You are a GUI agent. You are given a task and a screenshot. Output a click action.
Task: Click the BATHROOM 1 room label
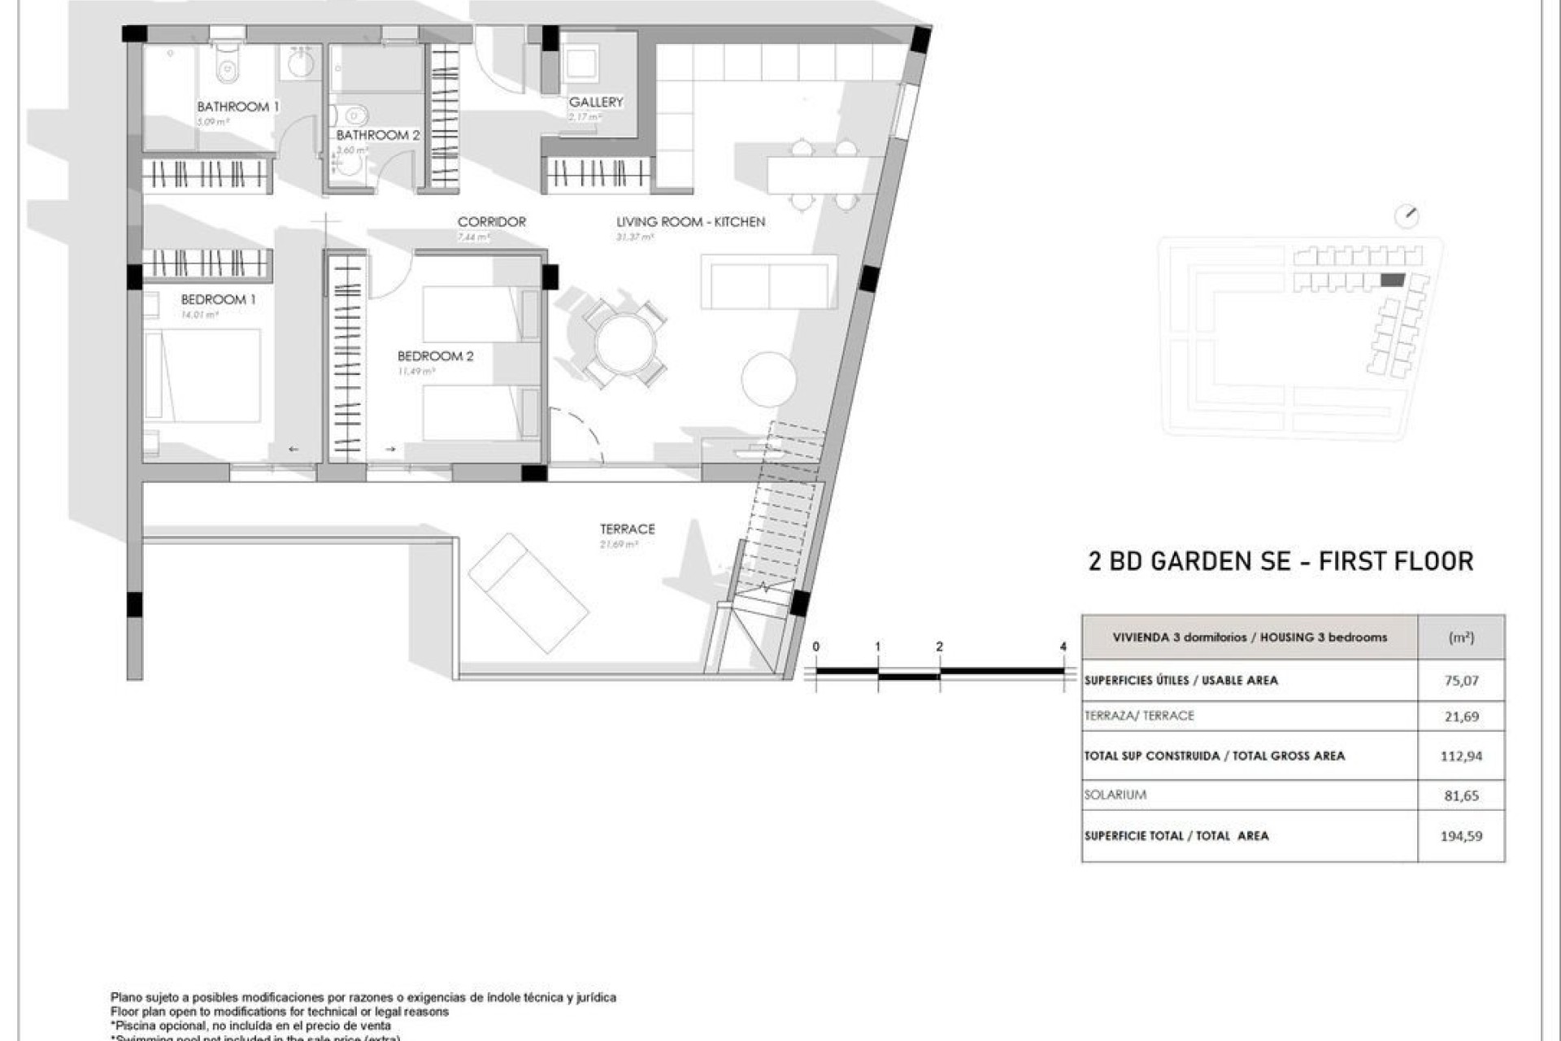click(x=237, y=107)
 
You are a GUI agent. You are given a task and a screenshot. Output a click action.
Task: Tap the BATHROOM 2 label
click(x=378, y=135)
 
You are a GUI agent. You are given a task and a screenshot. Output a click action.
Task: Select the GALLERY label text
click(x=596, y=102)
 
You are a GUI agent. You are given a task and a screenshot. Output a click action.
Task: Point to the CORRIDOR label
click(x=491, y=221)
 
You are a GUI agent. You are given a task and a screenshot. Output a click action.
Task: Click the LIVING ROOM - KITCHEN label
click(x=690, y=221)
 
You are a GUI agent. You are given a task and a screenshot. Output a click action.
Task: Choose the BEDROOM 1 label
click(x=218, y=299)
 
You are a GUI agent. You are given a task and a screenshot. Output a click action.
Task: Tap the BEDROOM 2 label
click(x=435, y=356)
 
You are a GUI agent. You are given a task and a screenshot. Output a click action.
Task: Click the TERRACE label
click(x=627, y=529)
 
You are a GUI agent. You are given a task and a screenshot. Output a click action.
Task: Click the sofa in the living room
click(x=768, y=281)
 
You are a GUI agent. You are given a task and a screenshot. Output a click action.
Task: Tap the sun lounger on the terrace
click(x=528, y=593)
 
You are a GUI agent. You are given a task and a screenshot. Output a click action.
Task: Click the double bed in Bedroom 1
click(x=203, y=375)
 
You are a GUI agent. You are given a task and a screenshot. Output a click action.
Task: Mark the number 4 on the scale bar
click(x=1063, y=647)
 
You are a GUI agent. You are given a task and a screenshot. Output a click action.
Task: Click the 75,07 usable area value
click(x=1461, y=681)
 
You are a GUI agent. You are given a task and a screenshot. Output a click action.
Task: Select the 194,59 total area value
click(x=1461, y=835)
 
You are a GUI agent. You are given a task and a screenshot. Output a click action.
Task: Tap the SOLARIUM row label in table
click(x=1115, y=795)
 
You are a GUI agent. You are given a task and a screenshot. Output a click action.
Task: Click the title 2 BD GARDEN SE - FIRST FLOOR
click(x=1281, y=561)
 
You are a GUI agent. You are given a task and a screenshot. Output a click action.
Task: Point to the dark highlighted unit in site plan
click(x=1393, y=280)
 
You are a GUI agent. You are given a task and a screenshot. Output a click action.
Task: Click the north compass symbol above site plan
click(x=1407, y=216)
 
